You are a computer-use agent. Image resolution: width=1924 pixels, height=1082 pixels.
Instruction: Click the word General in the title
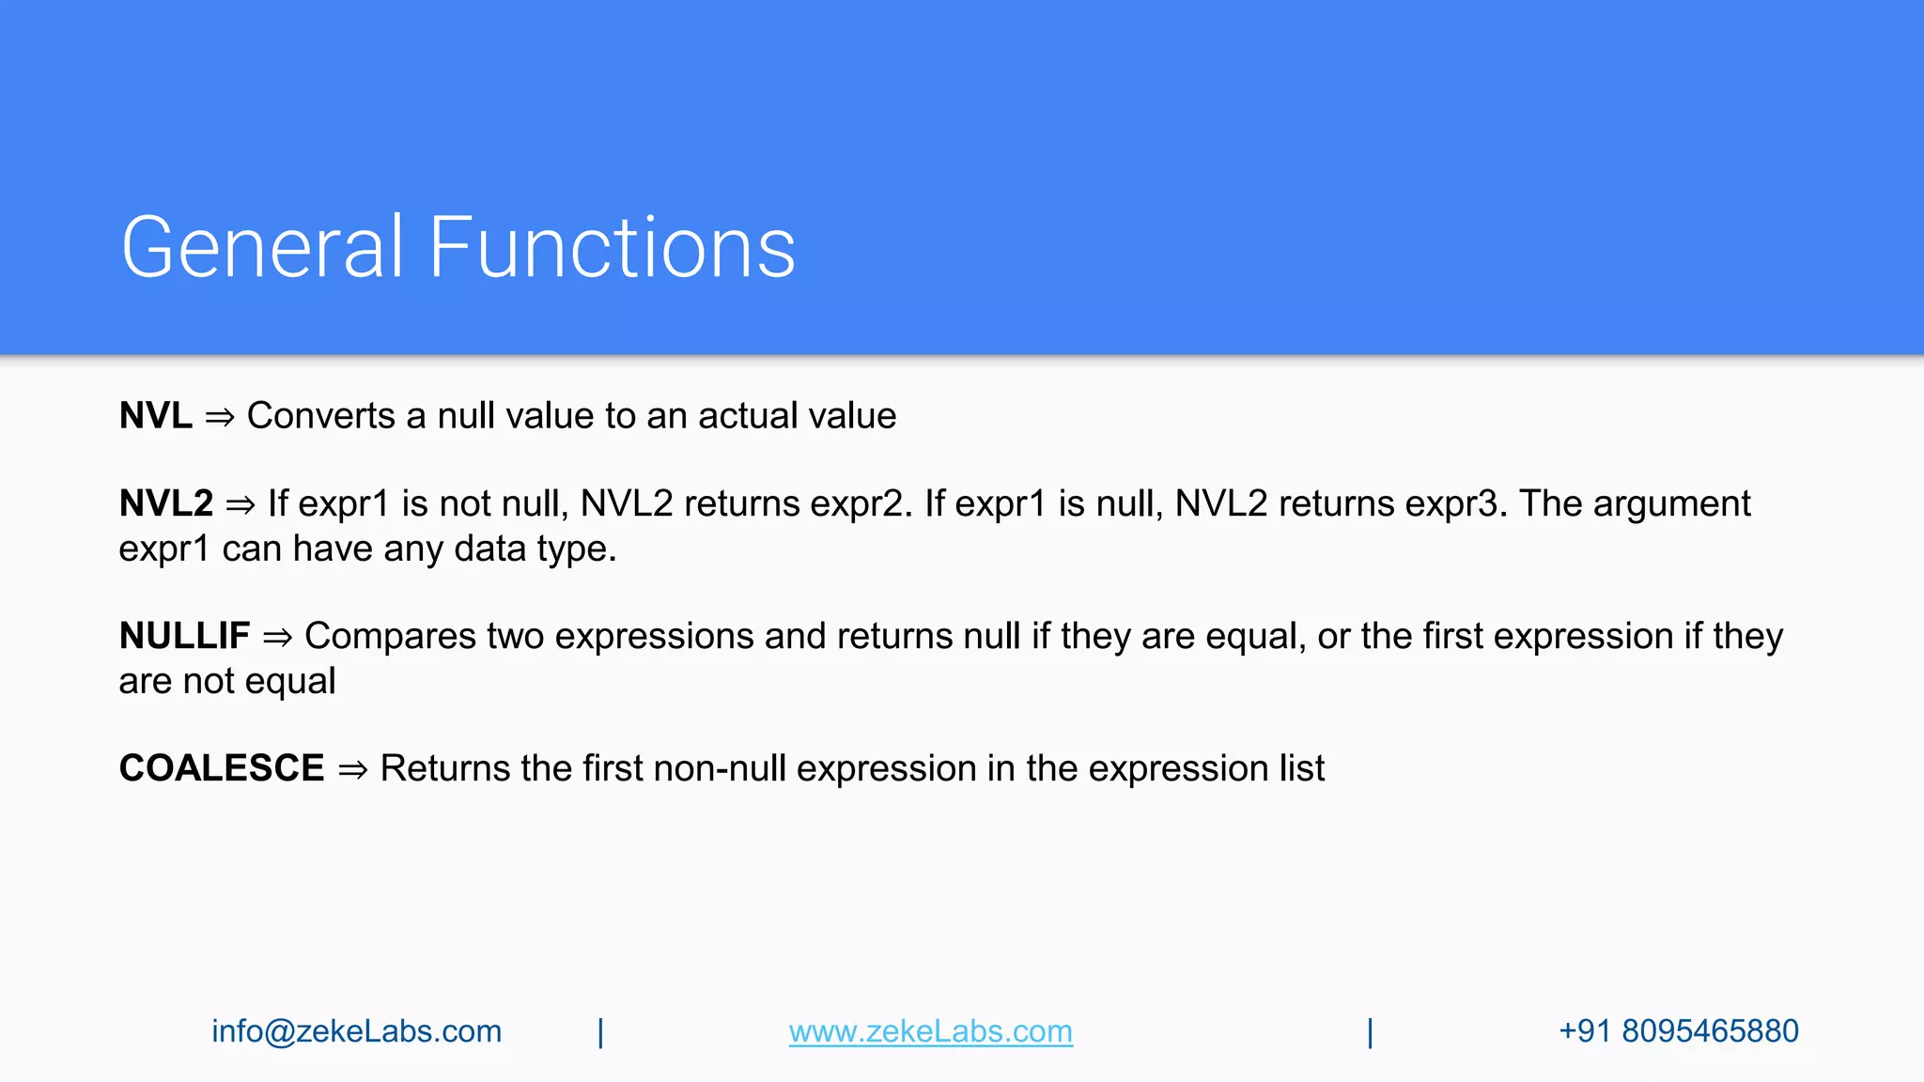click(x=262, y=248)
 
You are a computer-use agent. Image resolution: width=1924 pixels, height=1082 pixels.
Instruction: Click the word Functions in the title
click(x=612, y=248)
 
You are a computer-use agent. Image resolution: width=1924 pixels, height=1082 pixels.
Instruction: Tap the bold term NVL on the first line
click(x=155, y=416)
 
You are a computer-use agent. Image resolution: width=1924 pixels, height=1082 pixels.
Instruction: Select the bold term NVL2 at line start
click(x=166, y=504)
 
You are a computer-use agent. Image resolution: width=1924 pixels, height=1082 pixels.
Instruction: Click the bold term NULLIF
click(x=184, y=637)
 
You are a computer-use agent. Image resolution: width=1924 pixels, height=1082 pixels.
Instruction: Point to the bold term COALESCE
click(x=221, y=769)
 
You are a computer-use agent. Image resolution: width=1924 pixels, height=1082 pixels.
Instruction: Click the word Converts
click(x=320, y=416)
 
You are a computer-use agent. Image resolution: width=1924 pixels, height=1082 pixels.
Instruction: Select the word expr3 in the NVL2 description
click(x=1455, y=504)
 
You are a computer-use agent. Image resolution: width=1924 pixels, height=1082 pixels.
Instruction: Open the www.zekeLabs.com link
click(x=930, y=1031)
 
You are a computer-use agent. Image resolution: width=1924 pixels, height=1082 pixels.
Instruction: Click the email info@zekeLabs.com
click(x=356, y=1031)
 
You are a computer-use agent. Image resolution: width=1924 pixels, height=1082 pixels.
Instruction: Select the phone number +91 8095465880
click(x=1678, y=1031)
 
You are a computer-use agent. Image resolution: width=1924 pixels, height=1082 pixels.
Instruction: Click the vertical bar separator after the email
click(x=600, y=1032)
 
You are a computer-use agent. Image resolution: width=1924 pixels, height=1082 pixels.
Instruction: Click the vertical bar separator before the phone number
click(x=1370, y=1032)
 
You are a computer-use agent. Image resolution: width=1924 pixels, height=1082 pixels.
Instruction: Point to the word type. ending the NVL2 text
click(x=577, y=549)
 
